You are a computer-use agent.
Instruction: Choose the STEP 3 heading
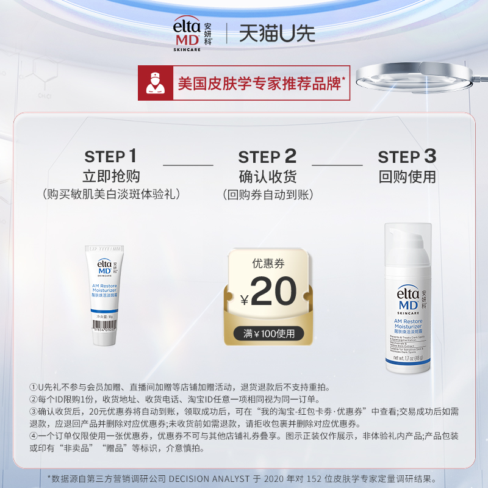pyautogui.click(x=407, y=157)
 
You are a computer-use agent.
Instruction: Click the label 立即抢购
pyautogui.click(x=111, y=177)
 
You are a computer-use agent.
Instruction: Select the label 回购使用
pyautogui.click(x=407, y=178)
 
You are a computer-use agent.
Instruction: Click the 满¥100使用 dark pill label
pyautogui.click(x=268, y=334)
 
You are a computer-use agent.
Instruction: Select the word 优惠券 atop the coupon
pyautogui.click(x=268, y=264)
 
